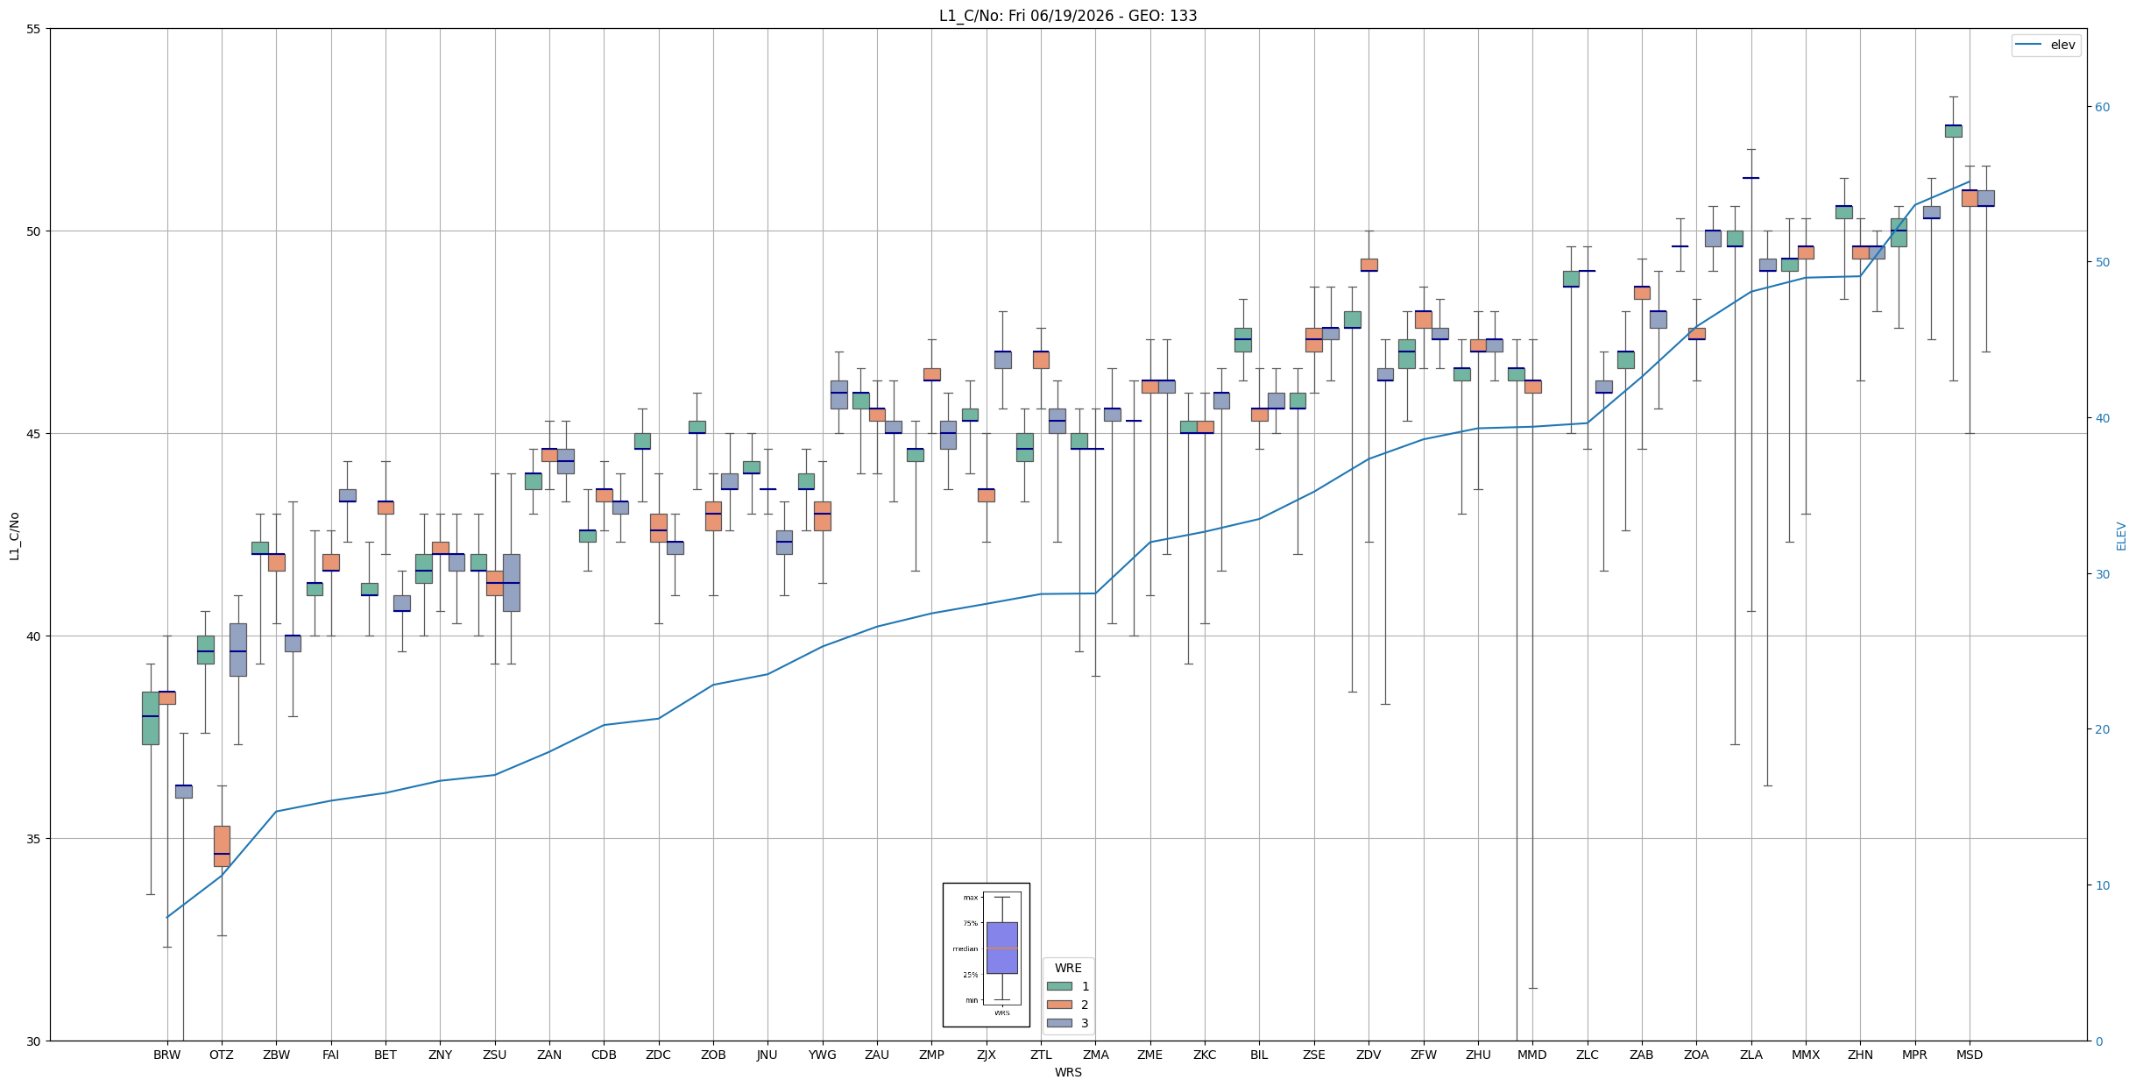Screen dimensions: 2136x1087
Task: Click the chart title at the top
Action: point(1068,16)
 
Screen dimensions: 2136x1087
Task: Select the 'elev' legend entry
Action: point(2046,45)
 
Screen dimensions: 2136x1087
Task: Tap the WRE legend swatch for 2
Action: point(1059,1005)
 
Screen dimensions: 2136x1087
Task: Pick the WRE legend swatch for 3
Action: point(1059,1023)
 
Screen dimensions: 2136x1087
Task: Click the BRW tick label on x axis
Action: point(166,1055)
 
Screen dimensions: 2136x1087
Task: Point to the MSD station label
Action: point(1970,1055)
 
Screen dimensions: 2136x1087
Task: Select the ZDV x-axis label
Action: point(1369,1055)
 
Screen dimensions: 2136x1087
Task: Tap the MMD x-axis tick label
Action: point(1532,1055)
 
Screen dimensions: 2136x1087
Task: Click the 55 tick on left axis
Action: point(34,29)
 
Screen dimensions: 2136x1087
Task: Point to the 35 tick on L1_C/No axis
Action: point(34,839)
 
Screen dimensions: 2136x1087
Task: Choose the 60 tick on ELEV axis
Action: point(2102,107)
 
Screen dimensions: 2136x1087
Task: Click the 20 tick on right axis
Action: point(2102,729)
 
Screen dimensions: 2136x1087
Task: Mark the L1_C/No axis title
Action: point(14,536)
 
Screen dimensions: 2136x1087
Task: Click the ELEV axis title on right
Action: point(2121,536)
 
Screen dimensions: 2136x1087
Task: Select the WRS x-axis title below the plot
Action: point(1068,1072)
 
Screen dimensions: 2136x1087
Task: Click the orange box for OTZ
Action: point(222,846)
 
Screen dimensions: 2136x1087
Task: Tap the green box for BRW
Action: point(151,718)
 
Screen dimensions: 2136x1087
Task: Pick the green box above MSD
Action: point(1953,131)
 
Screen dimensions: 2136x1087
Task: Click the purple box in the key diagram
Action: point(1001,948)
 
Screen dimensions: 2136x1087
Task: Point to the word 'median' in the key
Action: point(965,948)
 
